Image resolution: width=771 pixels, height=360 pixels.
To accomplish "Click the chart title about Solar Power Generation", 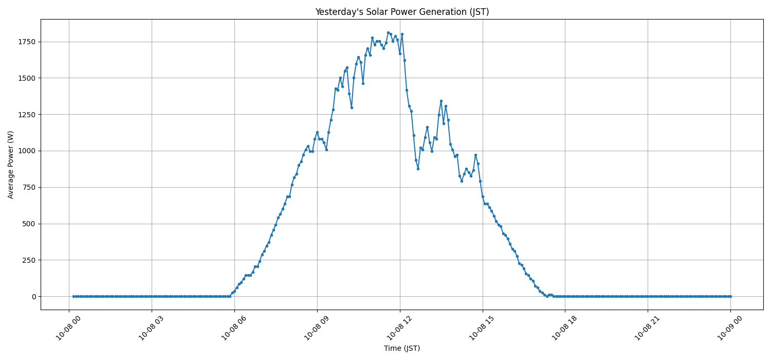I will click(x=402, y=12).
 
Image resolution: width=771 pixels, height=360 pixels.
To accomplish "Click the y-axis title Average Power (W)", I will click(x=11, y=165).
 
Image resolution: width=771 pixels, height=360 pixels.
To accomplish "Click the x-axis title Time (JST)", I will click(x=402, y=349).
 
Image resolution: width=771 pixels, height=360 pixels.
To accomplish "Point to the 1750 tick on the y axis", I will click(x=27, y=42).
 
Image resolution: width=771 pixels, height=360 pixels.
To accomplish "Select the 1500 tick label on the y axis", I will click(x=27, y=78).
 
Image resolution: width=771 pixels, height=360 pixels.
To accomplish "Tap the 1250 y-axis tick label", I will click(x=27, y=115).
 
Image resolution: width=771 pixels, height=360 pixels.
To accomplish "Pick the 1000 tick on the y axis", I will click(x=27, y=151).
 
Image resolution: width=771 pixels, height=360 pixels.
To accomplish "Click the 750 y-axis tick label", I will click(x=30, y=187).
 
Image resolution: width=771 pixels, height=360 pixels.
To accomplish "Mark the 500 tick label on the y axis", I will click(x=30, y=224).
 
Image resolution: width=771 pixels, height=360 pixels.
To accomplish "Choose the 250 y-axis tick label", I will click(x=30, y=260).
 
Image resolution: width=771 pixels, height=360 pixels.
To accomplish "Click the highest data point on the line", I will click(x=388, y=32).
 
